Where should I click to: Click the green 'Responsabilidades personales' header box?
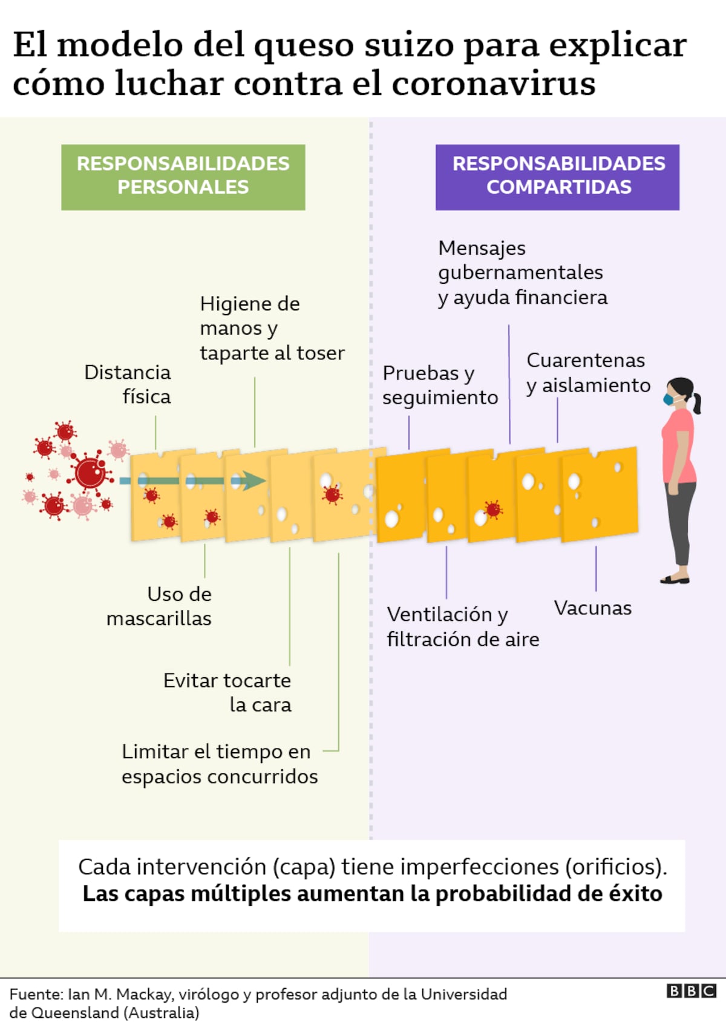pyautogui.click(x=183, y=177)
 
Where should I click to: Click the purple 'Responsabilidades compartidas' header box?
pyautogui.click(x=557, y=177)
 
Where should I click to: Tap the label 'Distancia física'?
pyautogui.click(x=128, y=384)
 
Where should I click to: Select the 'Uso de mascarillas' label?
pyautogui.click(x=160, y=606)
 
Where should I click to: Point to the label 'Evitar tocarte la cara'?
pyautogui.click(x=227, y=692)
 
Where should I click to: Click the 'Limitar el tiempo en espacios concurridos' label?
pyautogui.click(x=219, y=764)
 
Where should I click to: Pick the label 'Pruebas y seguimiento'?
pyautogui.click(x=440, y=385)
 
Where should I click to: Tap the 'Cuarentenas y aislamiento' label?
pyautogui.click(x=587, y=372)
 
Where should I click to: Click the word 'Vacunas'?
pyautogui.click(x=592, y=608)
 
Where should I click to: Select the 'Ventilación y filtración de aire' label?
pyautogui.click(x=463, y=626)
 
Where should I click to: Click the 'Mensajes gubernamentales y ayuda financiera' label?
pyautogui.click(x=522, y=272)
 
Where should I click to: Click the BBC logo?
pyautogui.click(x=692, y=991)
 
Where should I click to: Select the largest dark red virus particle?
pyautogui.click(x=90, y=473)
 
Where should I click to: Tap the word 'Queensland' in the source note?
pyautogui.click(x=75, y=1013)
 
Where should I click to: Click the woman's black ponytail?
pyautogui.click(x=697, y=404)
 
